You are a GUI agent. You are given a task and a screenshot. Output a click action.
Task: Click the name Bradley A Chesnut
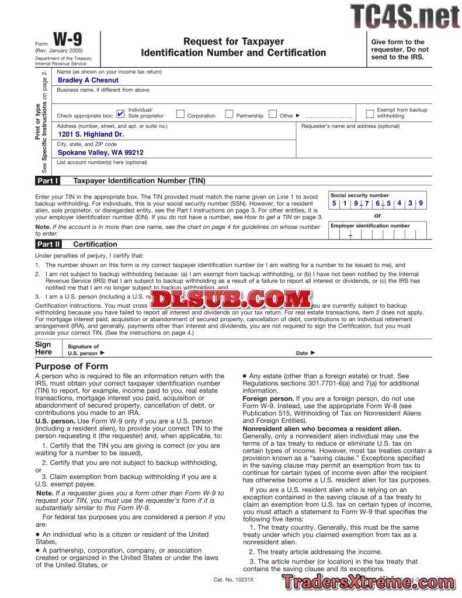click(x=88, y=81)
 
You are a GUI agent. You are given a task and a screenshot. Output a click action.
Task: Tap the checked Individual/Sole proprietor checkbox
click(x=120, y=114)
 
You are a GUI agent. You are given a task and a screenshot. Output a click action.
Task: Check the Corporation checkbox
click(x=180, y=114)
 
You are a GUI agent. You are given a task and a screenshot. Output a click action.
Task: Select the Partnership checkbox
click(x=229, y=114)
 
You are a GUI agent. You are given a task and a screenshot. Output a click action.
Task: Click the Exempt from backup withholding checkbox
click(x=370, y=113)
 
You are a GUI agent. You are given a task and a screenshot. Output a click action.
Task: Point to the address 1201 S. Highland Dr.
click(x=91, y=134)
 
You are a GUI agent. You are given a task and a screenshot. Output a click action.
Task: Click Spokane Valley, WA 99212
click(x=100, y=152)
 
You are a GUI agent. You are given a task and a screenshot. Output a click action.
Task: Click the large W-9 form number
click(x=68, y=40)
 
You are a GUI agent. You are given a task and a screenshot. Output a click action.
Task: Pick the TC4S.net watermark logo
click(x=405, y=16)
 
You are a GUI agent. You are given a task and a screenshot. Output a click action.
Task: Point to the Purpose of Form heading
click(x=72, y=366)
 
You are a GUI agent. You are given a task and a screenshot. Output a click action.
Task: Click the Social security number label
click(x=359, y=196)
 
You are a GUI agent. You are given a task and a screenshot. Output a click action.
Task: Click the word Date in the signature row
click(x=302, y=353)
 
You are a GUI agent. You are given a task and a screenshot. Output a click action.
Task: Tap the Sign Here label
click(x=44, y=348)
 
